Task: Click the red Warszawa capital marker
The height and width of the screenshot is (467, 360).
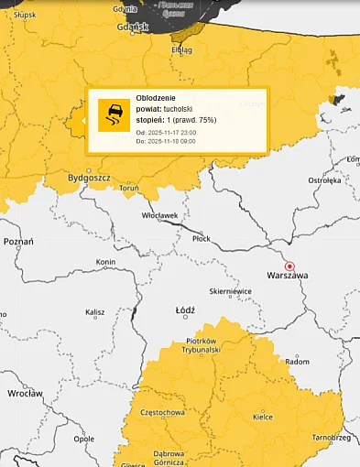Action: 290,265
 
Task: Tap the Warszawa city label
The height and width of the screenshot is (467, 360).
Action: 287,275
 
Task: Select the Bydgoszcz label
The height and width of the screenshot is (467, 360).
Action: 89,179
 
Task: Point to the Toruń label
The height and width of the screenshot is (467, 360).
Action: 128,188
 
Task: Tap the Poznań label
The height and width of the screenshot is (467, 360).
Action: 18,242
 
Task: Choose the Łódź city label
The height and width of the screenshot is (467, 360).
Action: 185,310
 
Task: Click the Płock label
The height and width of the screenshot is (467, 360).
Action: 201,238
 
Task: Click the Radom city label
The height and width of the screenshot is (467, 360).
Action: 298,362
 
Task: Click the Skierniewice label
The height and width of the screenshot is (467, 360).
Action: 230,291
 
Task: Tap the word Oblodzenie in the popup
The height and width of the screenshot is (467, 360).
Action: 155,97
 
